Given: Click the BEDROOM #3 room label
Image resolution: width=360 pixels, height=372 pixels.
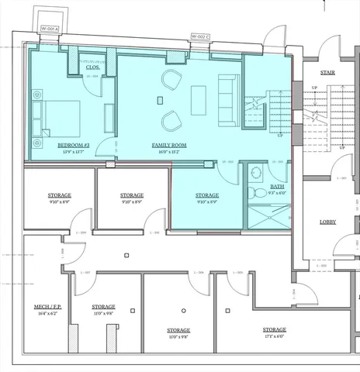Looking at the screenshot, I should [x=72, y=145].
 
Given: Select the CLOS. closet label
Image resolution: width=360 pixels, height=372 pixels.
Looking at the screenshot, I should [x=92, y=67].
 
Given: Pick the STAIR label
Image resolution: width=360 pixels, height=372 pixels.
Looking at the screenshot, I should [x=317, y=73].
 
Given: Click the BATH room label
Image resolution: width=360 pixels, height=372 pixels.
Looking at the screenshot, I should [x=275, y=188].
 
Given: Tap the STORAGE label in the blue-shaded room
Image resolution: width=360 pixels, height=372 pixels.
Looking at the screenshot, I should [x=207, y=195].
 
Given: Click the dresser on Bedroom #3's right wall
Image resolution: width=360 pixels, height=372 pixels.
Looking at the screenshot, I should [x=106, y=117].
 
